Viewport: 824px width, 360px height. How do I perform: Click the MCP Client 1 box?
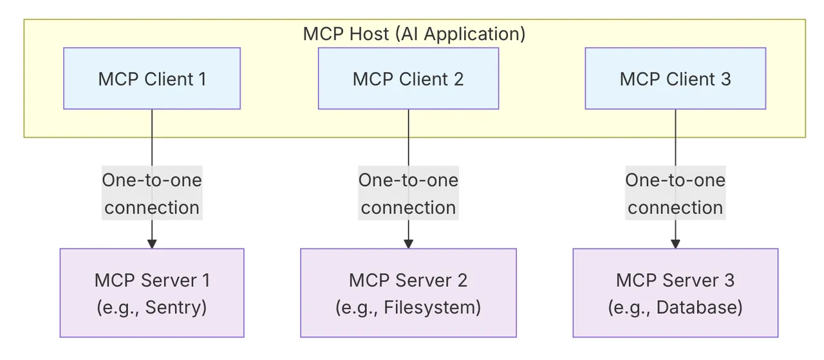tap(152, 79)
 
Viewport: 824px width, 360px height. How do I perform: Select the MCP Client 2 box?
tap(408, 79)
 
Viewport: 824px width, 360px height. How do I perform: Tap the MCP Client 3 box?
tap(675, 79)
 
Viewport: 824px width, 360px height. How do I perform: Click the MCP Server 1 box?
tap(152, 293)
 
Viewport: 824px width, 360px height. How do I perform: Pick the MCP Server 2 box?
tap(408, 293)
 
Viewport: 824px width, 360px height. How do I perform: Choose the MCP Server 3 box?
tap(675, 293)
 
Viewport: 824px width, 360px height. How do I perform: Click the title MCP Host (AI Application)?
tap(414, 34)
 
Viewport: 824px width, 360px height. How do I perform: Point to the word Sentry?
tap(174, 308)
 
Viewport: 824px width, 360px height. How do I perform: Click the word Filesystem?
tap(431, 308)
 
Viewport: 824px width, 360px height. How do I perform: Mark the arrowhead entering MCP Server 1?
tap(152, 244)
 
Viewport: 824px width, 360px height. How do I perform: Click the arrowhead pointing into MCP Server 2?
tap(408, 244)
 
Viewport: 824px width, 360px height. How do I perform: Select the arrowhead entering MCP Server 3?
tap(675, 244)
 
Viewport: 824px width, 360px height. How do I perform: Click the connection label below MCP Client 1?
tap(152, 194)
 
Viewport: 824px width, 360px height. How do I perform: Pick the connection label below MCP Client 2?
tap(408, 194)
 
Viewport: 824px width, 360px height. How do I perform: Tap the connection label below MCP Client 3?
tap(675, 194)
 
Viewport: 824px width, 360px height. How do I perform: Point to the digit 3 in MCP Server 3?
tap(729, 281)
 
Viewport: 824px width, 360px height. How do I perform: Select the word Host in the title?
tap(369, 34)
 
